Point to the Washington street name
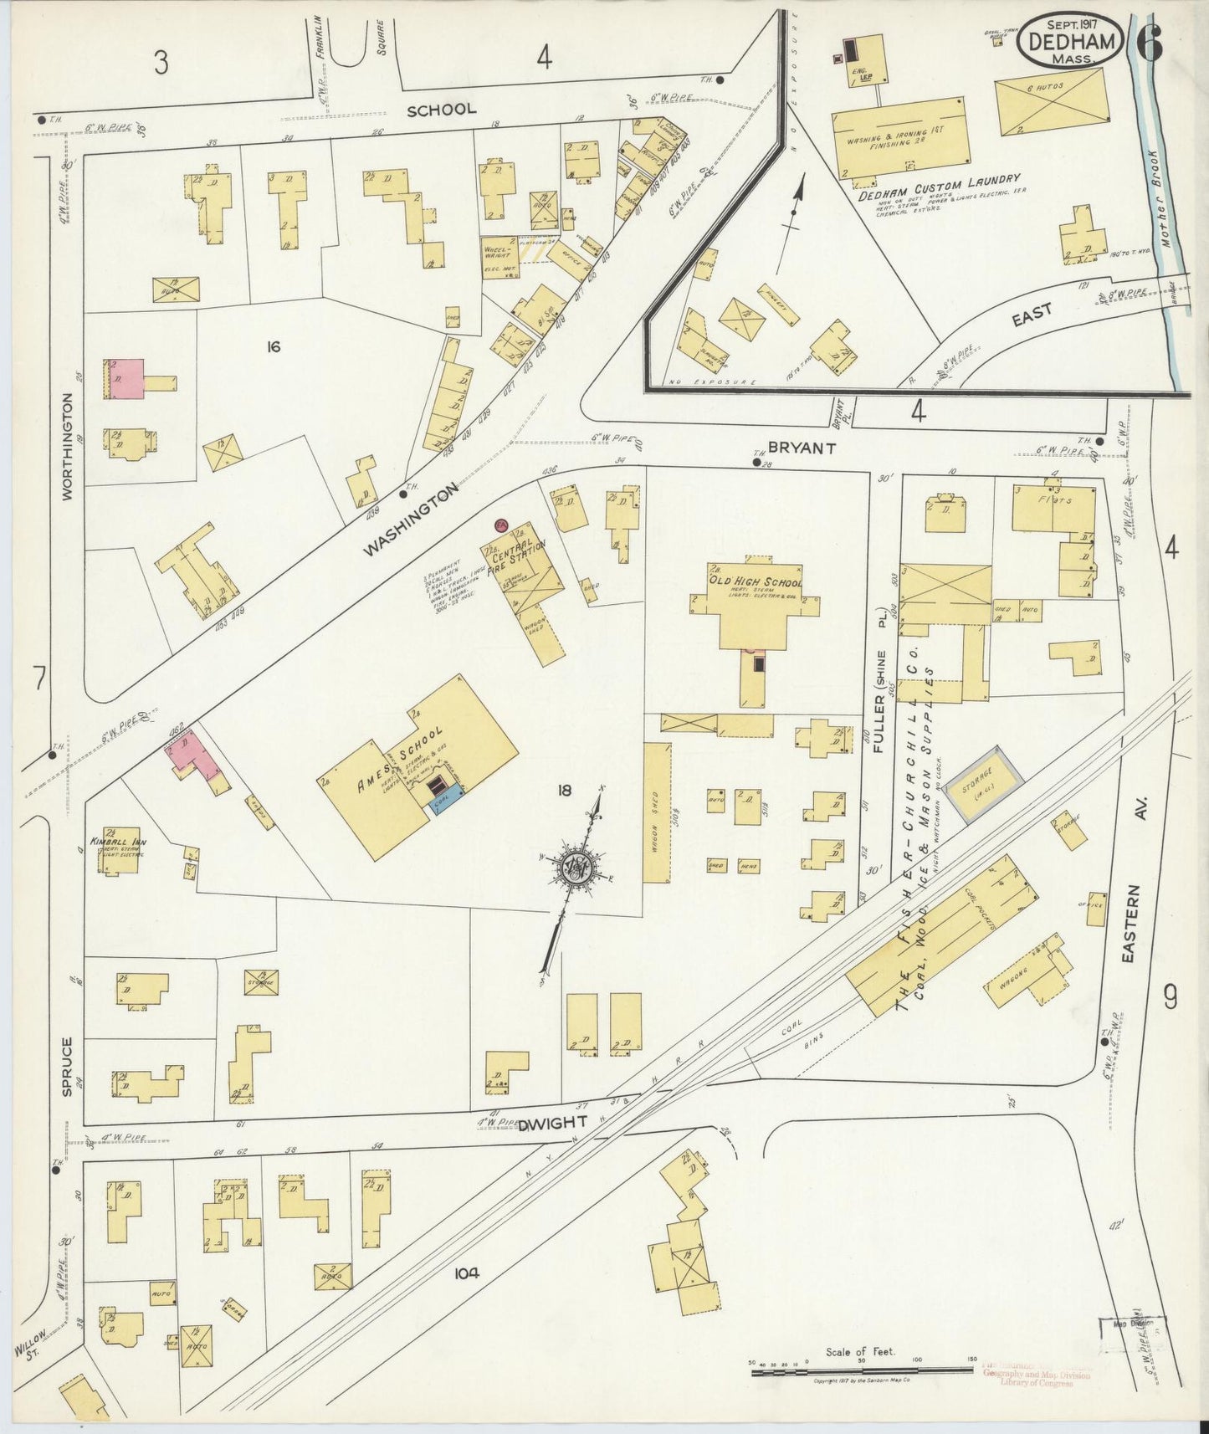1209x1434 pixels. click(411, 520)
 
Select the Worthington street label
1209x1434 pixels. click(68, 447)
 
